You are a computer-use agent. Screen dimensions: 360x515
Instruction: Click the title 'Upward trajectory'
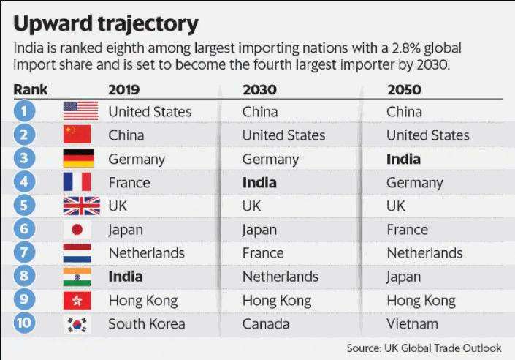[106, 23]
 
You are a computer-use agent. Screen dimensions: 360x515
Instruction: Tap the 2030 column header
[259, 90]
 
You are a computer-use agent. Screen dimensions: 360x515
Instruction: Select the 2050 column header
[403, 90]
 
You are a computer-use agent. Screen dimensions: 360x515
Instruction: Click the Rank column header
[30, 90]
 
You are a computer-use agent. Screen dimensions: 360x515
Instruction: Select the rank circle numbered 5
[26, 206]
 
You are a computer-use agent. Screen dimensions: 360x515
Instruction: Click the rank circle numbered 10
[26, 324]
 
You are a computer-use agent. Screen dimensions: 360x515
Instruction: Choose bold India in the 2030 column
[259, 183]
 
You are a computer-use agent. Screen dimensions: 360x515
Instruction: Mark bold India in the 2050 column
[403, 159]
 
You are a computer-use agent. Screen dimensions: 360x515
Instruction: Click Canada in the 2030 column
[266, 324]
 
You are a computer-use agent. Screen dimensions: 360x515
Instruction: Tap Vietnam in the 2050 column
[413, 324]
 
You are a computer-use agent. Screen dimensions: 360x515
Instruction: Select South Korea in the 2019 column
[146, 324]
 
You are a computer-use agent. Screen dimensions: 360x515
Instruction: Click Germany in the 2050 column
[414, 183]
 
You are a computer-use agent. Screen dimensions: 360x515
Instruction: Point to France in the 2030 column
[263, 253]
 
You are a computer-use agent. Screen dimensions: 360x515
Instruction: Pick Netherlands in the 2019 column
[146, 253]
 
